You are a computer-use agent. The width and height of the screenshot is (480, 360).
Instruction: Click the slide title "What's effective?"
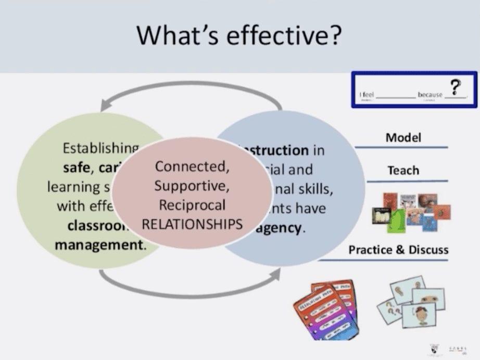(239, 35)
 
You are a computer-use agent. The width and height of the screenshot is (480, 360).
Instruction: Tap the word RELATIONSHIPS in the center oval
(192, 224)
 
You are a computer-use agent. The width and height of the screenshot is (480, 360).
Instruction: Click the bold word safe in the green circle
(74, 168)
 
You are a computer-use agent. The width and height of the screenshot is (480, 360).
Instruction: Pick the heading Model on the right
(403, 138)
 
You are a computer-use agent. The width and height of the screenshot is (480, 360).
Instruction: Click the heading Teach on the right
(403, 170)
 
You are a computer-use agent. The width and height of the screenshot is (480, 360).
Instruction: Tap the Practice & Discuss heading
(398, 250)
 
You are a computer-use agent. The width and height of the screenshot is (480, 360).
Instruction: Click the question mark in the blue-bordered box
(457, 87)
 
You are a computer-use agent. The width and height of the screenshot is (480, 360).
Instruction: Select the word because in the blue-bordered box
(429, 95)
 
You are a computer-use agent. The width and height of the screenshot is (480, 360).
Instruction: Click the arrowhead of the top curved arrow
(106, 104)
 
